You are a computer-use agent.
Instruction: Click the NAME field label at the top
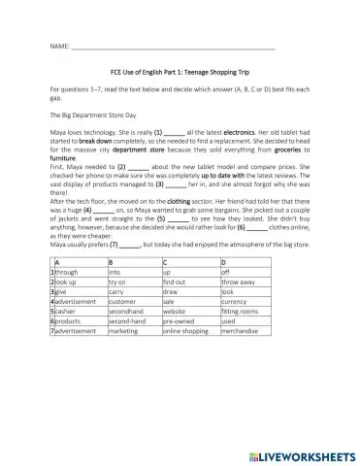(x=57, y=47)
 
